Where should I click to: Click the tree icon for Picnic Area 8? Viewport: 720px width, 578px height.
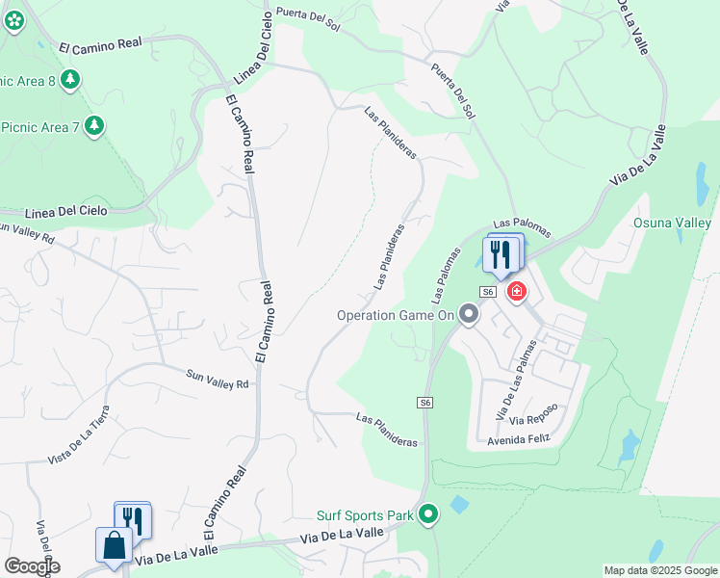point(69,79)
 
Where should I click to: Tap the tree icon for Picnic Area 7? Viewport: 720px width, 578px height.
point(93,125)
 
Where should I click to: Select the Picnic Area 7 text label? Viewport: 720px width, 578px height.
point(39,126)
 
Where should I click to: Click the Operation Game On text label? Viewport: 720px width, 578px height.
point(393,315)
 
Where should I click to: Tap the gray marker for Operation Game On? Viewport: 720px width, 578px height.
point(469,314)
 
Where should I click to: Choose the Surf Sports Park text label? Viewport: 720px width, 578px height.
point(365,516)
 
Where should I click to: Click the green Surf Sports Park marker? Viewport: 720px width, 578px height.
point(429,516)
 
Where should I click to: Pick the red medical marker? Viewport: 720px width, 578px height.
point(516,289)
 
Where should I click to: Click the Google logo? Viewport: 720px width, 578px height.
point(31,565)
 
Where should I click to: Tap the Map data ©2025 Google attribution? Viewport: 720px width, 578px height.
point(660,570)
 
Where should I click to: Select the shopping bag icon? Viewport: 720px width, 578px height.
point(114,544)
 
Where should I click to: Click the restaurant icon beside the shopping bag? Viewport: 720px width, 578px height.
point(133,521)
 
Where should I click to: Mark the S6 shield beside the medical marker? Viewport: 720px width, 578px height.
point(488,292)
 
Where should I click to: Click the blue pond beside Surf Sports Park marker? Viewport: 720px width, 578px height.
point(459,504)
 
